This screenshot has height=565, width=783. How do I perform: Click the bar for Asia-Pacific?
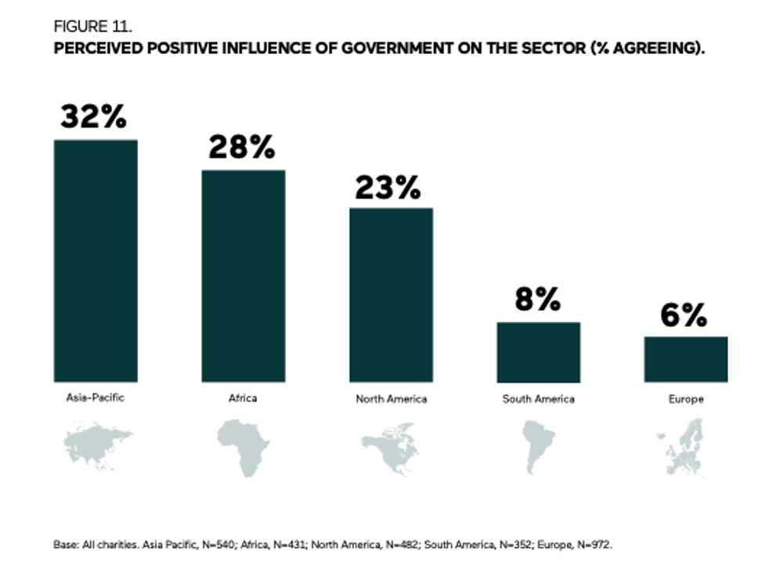(x=96, y=261)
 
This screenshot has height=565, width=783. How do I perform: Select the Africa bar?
(x=244, y=275)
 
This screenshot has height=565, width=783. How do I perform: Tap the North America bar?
(x=391, y=294)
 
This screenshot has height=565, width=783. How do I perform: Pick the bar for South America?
(x=539, y=351)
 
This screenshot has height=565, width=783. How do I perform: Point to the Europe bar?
(x=686, y=359)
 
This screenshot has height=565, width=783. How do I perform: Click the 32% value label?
(x=94, y=117)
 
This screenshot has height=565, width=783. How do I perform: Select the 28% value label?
(x=242, y=147)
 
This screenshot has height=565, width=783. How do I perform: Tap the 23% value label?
(x=388, y=188)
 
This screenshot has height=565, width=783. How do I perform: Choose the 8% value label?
(x=537, y=299)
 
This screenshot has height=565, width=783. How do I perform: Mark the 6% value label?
(x=684, y=315)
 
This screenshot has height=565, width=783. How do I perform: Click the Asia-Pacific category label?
(x=96, y=397)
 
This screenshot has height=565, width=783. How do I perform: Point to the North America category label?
(x=391, y=399)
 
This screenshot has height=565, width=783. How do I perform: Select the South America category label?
(x=539, y=399)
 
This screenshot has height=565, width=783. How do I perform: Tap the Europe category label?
(x=686, y=399)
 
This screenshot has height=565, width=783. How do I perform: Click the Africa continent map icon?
(x=243, y=448)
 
